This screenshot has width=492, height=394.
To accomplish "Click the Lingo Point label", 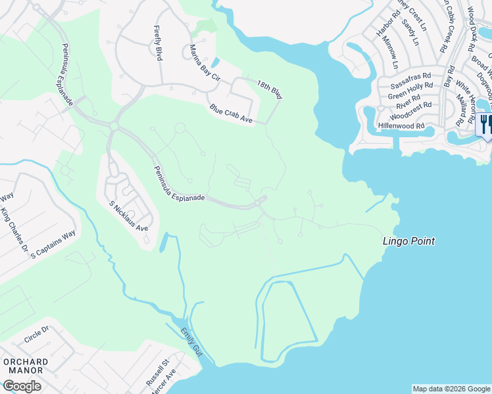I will click(x=408, y=241).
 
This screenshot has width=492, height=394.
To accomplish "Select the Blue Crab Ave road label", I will click(x=231, y=114).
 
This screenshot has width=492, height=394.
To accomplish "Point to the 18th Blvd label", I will click(x=269, y=89).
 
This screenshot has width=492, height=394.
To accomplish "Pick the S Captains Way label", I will click(x=53, y=244).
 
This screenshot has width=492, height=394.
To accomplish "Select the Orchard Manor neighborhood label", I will click(x=25, y=366).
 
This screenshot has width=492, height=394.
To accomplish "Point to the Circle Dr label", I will click(x=36, y=335).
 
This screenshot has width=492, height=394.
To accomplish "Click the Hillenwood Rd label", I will click(x=401, y=125).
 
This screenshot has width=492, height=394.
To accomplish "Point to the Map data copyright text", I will click(x=451, y=389).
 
